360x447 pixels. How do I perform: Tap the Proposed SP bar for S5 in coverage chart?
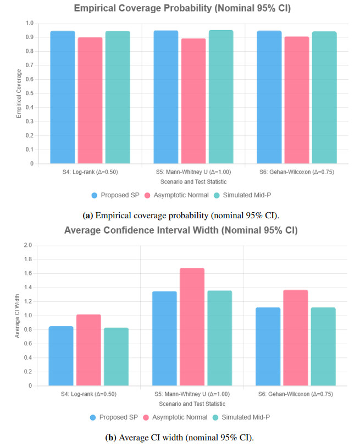pyautogui.click(x=166, y=97)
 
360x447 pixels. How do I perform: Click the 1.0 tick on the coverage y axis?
pyautogui.click(x=29, y=24)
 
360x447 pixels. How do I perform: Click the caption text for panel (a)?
pyautogui.click(x=180, y=214)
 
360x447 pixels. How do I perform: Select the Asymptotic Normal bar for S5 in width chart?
pyautogui.click(x=192, y=327)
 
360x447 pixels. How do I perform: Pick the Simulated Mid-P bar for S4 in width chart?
pyautogui.click(x=117, y=357)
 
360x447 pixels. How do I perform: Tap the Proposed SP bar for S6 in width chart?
pyautogui.click(x=268, y=346)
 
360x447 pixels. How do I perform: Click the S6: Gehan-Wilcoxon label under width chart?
pyautogui.click(x=296, y=394)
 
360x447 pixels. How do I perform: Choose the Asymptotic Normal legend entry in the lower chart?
pyautogui.click(x=175, y=417)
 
